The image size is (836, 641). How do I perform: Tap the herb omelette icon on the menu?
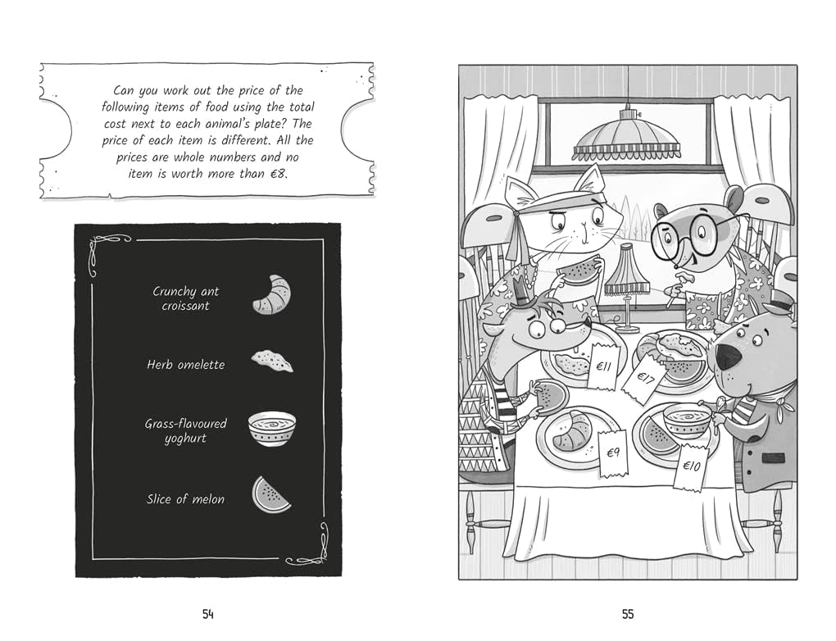point(272,361)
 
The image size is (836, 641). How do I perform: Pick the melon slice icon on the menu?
point(271,495)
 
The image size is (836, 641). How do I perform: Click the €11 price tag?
point(604,366)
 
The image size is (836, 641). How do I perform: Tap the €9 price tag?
point(614,452)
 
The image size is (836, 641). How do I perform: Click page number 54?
point(208,614)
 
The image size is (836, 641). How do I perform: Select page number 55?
point(628,614)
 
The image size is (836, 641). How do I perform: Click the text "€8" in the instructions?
point(278,173)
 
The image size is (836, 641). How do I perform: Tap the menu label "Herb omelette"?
point(185,365)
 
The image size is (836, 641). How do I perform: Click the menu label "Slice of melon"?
point(185,499)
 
